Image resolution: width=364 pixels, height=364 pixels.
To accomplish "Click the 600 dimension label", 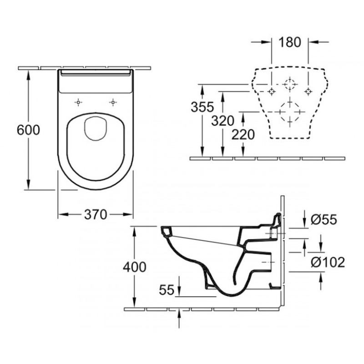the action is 28,130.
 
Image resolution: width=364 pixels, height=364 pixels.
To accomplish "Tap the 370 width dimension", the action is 96,214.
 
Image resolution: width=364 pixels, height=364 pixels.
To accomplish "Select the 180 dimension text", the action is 290,42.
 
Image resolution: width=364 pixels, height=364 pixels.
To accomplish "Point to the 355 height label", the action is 202,107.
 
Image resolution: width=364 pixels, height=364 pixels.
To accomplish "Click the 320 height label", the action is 222,121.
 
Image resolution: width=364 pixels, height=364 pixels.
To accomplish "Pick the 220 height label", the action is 243,135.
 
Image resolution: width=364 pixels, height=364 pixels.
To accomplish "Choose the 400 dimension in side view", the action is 135,267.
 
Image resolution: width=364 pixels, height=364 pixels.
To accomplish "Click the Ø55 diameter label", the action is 324,219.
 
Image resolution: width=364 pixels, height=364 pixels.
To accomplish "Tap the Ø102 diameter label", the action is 328,262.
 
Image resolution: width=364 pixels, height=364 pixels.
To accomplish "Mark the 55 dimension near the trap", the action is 167,289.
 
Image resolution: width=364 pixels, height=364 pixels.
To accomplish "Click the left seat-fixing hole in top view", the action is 78,102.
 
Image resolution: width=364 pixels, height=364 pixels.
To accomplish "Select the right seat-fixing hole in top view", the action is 113,102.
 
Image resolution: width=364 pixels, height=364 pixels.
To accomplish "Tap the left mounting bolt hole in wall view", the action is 271,91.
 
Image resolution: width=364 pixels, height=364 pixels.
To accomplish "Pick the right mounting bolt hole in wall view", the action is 308,91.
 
